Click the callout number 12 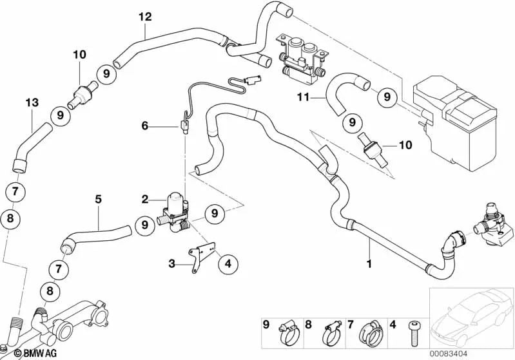(x=144, y=16)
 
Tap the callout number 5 (x=98, y=200)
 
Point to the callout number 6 (x=144, y=126)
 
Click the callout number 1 (x=370, y=263)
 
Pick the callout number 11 (x=304, y=97)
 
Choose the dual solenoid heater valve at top (x=302, y=55)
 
